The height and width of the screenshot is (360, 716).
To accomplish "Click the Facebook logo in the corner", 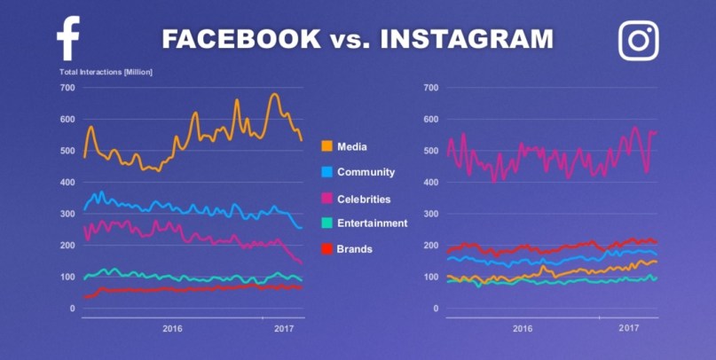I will [68, 39].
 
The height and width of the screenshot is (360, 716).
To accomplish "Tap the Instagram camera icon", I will [638, 40].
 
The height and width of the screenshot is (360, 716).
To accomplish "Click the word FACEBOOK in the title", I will [240, 39].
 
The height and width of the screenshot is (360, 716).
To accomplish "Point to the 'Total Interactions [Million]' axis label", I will [106, 71].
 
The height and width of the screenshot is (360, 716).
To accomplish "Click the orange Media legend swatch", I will [327, 146].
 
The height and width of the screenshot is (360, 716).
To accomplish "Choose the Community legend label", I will [366, 172].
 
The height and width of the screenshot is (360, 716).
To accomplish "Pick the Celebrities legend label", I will [364, 200].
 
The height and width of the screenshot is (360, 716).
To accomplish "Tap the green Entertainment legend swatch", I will [327, 223].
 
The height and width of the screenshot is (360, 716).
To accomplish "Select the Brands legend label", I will [354, 249].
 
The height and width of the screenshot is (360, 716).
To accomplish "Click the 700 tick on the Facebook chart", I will [67, 88].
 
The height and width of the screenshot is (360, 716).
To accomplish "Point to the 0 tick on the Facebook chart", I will [72, 309].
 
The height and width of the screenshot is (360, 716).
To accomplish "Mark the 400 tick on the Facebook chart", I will [67, 183].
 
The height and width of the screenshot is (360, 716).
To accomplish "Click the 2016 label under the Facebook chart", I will [172, 329].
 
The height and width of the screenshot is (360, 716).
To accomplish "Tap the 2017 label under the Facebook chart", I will [284, 329].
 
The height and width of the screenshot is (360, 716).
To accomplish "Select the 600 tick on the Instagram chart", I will [432, 120].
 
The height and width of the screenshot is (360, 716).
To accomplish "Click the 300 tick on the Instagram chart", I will [432, 215].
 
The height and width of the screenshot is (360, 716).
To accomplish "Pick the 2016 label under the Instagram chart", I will [523, 329].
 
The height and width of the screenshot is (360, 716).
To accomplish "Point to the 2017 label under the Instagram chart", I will [628, 329].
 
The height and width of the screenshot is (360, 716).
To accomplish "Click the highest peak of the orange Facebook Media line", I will [274, 94].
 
